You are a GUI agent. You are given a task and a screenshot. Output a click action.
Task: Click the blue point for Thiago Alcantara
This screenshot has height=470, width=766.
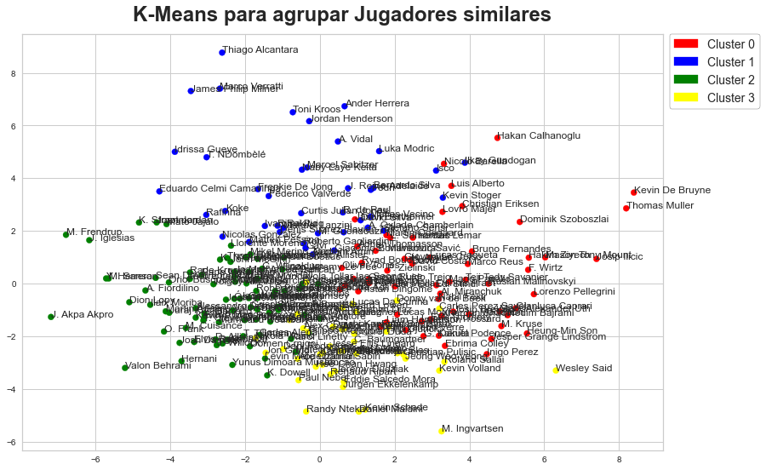[222, 53]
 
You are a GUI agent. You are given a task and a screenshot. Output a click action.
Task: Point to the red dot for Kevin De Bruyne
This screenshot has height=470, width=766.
[633, 192]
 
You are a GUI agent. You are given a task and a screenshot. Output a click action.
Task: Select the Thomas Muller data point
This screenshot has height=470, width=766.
[626, 208]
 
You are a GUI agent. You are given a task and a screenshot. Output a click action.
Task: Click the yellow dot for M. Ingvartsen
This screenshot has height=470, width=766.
[442, 431]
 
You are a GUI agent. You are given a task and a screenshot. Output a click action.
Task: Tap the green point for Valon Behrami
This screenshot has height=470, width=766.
[125, 368]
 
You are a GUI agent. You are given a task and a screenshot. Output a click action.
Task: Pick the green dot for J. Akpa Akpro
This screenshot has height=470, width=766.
[51, 317]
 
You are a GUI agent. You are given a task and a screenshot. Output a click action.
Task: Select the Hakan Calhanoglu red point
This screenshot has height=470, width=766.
[497, 137]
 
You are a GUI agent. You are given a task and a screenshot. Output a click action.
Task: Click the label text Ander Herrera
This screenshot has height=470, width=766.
[377, 103]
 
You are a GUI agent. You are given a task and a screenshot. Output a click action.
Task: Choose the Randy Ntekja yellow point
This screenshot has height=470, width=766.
[306, 411]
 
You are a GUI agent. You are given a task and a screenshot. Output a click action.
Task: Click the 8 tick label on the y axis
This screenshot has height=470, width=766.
[13, 74]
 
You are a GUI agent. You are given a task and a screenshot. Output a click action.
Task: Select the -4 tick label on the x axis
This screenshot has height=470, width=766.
[170, 460]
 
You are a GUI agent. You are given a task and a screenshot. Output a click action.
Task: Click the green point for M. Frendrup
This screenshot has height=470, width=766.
[66, 234]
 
